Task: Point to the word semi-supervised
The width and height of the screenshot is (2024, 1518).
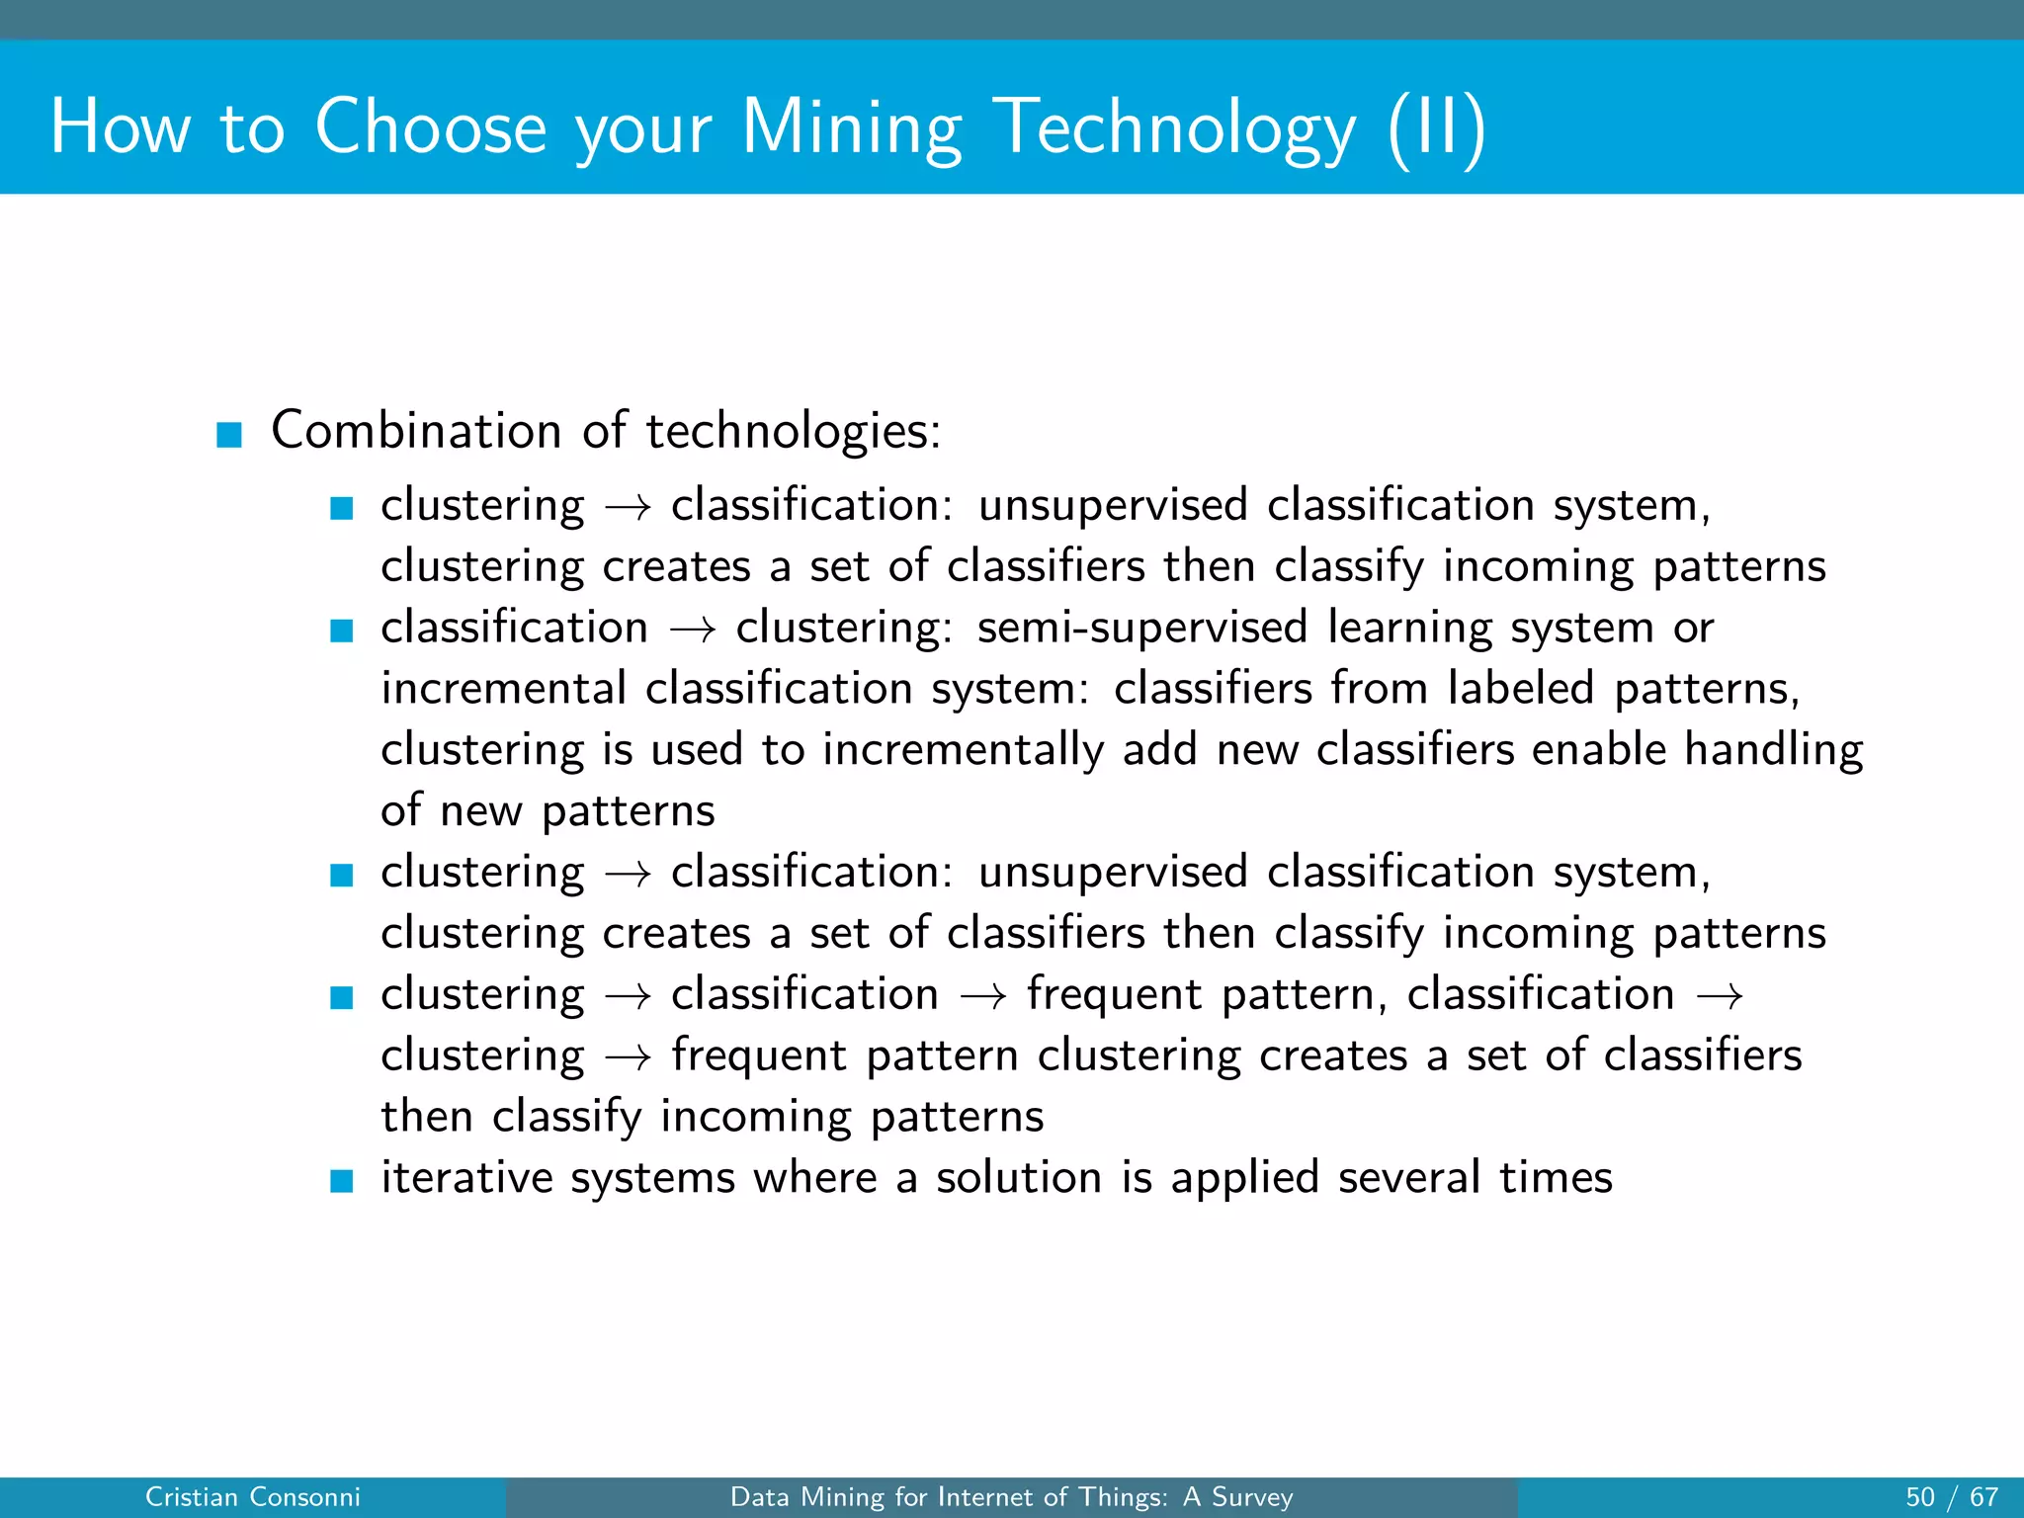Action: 1141,628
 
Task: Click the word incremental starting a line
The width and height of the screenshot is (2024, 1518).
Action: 503,689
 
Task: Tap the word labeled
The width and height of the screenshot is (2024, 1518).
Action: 1520,689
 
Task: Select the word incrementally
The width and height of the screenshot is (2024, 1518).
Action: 963,750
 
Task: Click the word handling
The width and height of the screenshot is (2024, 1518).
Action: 1773,750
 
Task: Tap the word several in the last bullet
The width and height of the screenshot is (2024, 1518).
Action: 1408,1178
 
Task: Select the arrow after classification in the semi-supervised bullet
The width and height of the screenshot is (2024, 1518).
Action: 692,631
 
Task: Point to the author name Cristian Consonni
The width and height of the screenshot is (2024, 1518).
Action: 252,1497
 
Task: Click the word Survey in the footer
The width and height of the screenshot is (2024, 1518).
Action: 1251,1497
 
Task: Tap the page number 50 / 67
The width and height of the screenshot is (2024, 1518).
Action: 1951,1497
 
